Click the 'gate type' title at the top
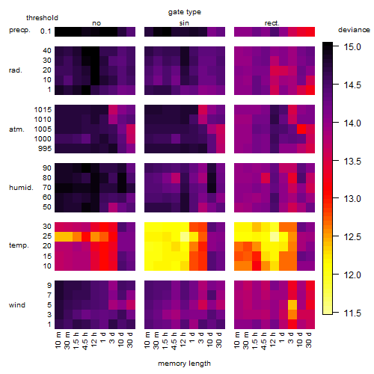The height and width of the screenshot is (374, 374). [185, 12]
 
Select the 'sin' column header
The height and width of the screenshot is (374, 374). [184, 23]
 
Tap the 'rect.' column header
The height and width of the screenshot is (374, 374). [272, 23]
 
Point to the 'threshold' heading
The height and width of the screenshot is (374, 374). [42, 18]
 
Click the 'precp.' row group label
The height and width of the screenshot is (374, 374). [19, 30]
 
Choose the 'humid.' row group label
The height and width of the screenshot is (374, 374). [21, 188]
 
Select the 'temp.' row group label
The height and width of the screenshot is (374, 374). [19, 245]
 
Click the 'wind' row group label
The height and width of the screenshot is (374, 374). [17, 305]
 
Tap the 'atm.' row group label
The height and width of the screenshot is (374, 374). [16, 129]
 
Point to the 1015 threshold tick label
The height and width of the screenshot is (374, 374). [43, 109]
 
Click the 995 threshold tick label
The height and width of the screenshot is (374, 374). [45, 148]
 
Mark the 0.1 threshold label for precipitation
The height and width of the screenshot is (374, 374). [46, 31]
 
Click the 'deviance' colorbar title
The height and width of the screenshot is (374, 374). [354, 30]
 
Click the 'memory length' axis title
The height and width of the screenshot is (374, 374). [184, 364]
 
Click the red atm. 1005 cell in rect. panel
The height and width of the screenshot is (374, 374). [301, 129]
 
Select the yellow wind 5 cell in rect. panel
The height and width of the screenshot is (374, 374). [292, 304]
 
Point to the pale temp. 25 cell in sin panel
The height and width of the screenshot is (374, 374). [185, 236]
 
